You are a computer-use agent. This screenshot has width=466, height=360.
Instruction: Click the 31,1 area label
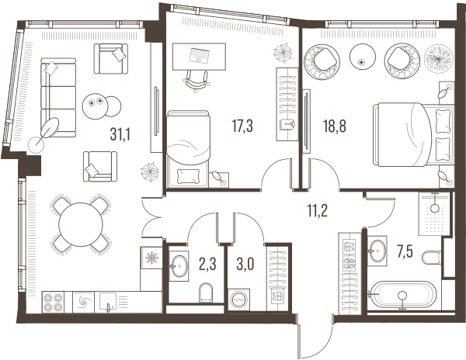coord(120,134)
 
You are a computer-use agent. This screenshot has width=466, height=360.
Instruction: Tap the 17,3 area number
coord(242,126)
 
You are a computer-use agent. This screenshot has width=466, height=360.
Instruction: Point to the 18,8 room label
coord(335,126)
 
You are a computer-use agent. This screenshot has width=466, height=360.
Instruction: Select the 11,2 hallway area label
coord(318,211)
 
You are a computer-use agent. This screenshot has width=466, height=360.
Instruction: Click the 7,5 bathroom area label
coord(405,253)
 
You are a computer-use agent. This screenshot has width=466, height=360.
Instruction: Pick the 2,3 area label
coord(207,265)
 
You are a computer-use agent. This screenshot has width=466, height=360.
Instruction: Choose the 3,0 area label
coord(245,265)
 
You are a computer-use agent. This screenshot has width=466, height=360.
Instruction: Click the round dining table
coord(81,224)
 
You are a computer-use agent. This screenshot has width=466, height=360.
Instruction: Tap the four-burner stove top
coord(54,302)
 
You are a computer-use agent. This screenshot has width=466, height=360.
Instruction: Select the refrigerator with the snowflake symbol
coord(151,258)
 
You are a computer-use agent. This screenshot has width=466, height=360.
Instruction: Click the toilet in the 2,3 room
coord(207,292)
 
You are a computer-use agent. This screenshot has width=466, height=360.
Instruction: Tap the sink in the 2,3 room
coord(179,266)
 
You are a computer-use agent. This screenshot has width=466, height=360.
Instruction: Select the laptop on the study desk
coord(199,56)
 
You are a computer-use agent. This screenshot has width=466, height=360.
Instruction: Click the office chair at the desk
coord(196,80)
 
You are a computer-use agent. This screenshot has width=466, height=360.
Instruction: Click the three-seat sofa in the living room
coord(58,98)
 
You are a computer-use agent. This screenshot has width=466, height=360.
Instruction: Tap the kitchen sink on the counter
coord(108,302)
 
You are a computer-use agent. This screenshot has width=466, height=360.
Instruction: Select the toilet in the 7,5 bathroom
coord(432,258)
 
